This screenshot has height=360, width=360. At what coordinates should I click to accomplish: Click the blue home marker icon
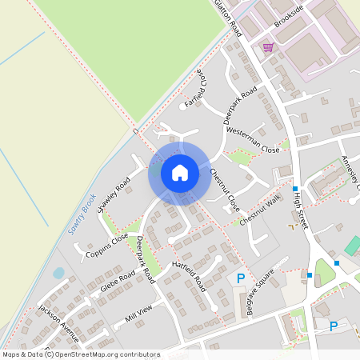[x=180, y=173]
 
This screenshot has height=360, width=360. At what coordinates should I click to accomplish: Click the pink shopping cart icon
[x=268, y=47]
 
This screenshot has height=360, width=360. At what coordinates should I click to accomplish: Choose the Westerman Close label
[x=253, y=139]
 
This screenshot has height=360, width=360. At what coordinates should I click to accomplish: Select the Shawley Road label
[x=114, y=195]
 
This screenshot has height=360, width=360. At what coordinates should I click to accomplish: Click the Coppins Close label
[x=106, y=245]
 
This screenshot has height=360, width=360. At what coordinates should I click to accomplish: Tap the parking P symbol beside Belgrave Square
[x=240, y=278]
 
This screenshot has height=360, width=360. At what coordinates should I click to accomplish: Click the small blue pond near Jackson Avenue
[x=58, y=273]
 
